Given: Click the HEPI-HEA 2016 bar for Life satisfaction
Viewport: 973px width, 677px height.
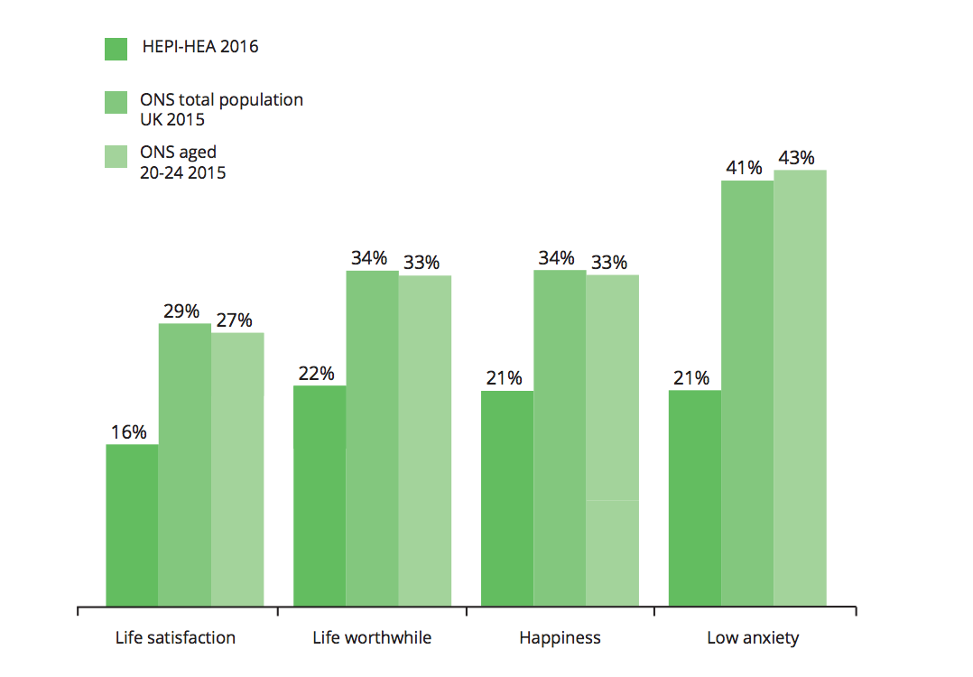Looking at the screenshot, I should click(132, 524).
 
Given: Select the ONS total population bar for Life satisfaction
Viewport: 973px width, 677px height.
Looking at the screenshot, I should click(185, 464).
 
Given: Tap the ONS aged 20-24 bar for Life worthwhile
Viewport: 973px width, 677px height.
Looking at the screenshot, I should click(425, 441).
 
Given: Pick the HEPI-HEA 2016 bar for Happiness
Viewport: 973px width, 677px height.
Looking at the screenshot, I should click(507, 498).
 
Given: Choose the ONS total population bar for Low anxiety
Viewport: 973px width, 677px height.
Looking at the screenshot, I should click(747, 393).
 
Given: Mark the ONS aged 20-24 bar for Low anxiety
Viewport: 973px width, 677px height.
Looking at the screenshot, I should click(801, 387).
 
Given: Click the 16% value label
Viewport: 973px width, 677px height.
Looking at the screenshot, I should click(129, 432).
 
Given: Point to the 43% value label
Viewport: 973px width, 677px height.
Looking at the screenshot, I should click(797, 158).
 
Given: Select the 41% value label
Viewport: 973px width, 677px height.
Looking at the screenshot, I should click(745, 168).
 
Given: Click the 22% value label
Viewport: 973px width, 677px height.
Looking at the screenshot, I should click(317, 374).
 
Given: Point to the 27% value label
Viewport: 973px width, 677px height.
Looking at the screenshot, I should click(234, 320).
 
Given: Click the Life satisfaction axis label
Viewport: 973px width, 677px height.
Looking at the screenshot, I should click(175, 638).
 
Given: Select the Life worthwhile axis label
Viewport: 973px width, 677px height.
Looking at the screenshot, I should click(372, 638).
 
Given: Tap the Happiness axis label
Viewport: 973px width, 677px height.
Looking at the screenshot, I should click(560, 638).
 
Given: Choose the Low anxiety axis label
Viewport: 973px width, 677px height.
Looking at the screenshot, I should click(753, 638).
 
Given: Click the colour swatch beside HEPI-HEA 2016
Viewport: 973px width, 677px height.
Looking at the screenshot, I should click(116, 49).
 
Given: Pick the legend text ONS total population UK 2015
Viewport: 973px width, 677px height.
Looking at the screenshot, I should click(221, 109).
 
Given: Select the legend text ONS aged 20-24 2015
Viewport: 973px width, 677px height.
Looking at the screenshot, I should click(183, 162).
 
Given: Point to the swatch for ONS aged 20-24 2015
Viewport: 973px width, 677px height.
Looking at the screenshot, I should click(116, 155).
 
